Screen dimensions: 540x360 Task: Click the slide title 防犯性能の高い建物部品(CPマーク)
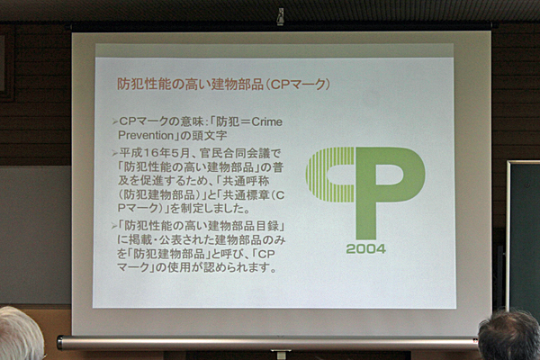pos(223,84)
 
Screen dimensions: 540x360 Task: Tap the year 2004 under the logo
pos(365,248)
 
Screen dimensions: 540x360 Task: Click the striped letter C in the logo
pos(330,175)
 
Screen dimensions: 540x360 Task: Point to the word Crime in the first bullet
pos(267,121)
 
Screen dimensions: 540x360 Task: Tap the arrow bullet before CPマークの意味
pos(114,121)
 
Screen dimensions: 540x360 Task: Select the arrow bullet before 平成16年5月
pos(114,153)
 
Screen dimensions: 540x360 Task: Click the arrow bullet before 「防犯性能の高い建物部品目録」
pos(114,226)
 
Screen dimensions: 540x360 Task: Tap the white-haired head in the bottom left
pos(21,334)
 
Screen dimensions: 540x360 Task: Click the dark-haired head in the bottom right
pos(509,335)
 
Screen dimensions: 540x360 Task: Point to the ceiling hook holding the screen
pos(281,16)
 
